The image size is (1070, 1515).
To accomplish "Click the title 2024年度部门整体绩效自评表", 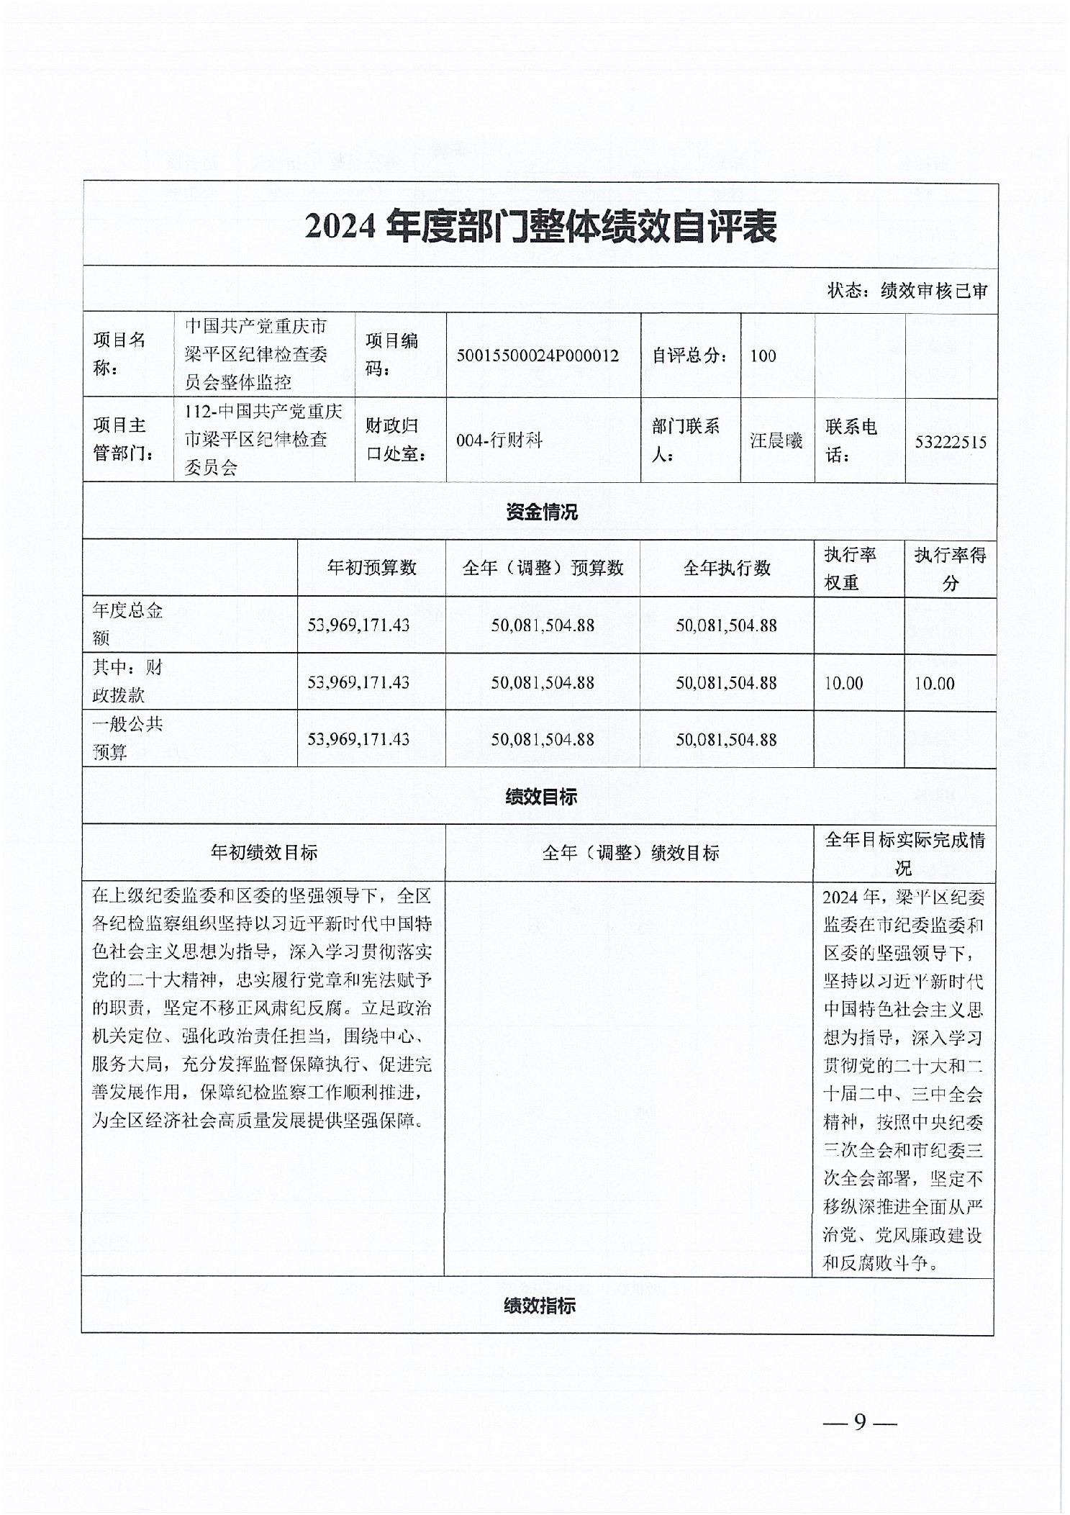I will (x=540, y=227).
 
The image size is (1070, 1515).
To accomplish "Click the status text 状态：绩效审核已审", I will (x=907, y=291).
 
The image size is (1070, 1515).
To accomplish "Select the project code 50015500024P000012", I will (x=538, y=356).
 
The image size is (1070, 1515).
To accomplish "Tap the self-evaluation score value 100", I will (x=763, y=356).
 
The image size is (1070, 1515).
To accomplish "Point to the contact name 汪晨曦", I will (x=776, y=440).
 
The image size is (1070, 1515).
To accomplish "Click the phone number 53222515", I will (x=950, y=442).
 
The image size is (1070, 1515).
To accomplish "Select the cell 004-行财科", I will (x=499, y=440).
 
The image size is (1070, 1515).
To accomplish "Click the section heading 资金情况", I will (x=541, y=512).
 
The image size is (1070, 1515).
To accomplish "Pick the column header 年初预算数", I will (x=371, y=568).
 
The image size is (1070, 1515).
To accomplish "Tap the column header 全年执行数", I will (x=727, y=568).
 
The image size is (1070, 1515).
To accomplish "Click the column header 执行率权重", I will (x=850, y=569).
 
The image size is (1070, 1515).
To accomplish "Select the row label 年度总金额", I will (x=127, y=625).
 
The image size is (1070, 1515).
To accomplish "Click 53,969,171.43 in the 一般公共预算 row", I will (x=358, y=739).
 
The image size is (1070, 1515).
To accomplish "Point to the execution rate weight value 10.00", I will (x=843, y=683).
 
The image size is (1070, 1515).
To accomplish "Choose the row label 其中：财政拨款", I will (x=127, y=682).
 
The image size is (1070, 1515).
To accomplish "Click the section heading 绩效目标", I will (x=541, y=797).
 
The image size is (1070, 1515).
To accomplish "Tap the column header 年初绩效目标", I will (x=264, y=853).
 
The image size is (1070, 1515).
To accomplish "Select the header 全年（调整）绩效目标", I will (x=630, y=853).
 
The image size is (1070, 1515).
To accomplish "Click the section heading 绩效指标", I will (x=540, y=1306).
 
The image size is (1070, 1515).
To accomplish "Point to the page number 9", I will (x=860, y=1422).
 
